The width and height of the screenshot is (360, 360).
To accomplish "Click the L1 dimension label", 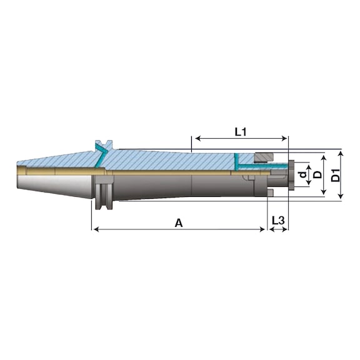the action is point(240,132).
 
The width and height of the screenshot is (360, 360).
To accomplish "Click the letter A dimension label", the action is point(179,222).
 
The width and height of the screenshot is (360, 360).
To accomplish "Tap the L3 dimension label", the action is point(278,221).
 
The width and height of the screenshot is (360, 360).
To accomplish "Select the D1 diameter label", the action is point(336,175).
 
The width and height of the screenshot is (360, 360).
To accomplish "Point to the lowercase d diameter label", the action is point(304,175).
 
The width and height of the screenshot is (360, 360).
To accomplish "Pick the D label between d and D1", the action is point(317,175).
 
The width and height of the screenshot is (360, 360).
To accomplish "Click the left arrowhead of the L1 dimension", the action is point(197,138).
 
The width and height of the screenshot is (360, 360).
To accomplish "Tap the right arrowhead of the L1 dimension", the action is point(284,138).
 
